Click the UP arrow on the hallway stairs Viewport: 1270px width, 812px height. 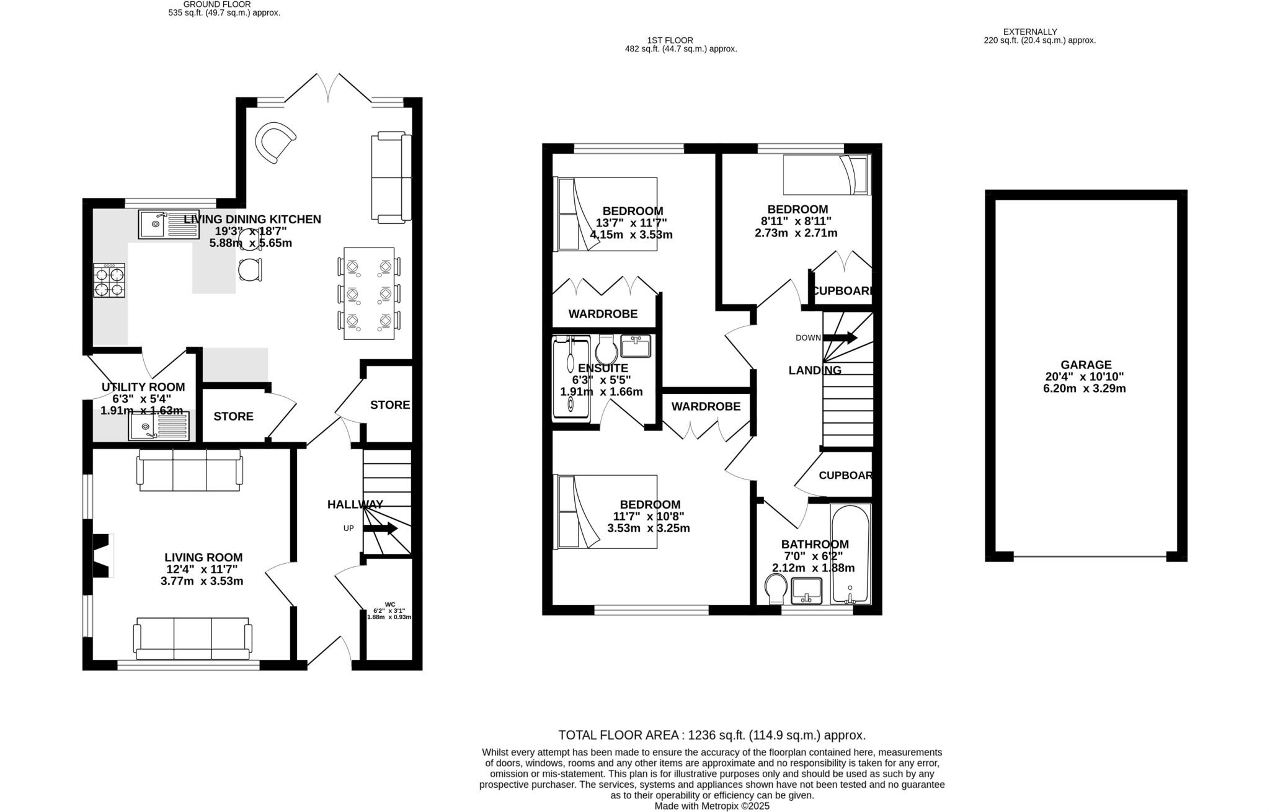[380, 529]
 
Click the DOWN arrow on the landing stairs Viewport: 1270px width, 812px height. [840, 338]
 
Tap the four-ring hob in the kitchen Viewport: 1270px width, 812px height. [109, 280]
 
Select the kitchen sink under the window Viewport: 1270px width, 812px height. [169, 225]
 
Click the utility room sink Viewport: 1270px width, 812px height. [159, 427]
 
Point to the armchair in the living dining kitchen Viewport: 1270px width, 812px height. [275, 142]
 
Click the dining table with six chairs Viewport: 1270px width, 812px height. [369, 293]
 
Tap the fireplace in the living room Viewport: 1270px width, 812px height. [102, 556]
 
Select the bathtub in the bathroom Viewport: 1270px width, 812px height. [850, 554]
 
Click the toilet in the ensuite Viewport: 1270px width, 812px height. [606, 351]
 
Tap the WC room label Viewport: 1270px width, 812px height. [389, 604]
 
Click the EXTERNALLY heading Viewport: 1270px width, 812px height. [1029, 32]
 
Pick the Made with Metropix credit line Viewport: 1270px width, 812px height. [711, 806]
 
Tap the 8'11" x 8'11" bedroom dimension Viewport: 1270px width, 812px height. [796, 221]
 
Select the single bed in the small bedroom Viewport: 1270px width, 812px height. [826, 175]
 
